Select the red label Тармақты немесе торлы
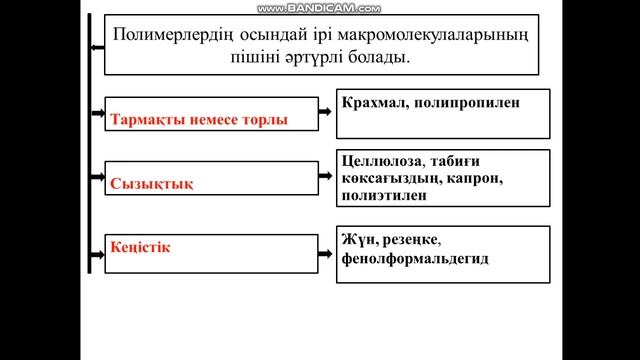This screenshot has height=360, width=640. [201, 120]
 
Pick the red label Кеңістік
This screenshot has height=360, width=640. [143, 246]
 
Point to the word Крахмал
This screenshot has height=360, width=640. [371, 102]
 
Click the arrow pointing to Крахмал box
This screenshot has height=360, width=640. [324, 105]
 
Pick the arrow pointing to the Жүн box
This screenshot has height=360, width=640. [324, 241]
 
